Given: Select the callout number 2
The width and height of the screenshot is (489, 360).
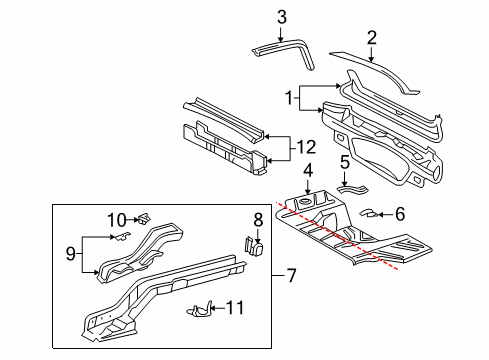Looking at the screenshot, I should coord(371,38).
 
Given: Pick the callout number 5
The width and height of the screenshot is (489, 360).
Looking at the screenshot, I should coord(345,162).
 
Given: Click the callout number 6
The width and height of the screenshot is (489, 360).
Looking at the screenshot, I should coord(400,212).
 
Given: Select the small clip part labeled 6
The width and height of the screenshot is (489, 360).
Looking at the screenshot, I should coord(369,212).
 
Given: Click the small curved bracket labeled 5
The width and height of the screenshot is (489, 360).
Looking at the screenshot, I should coord(351,186).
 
